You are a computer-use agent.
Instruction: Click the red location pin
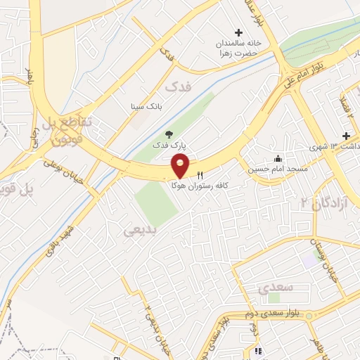point(181,166)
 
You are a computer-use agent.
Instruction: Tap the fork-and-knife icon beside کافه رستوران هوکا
point(200,176)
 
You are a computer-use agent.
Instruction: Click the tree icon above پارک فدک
point(167,134)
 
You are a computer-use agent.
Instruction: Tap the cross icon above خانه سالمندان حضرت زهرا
point(238,32)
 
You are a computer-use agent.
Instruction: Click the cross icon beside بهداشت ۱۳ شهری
point(345,136)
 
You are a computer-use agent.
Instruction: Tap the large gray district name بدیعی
point(138,231)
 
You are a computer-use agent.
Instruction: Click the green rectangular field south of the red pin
point(156,203)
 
